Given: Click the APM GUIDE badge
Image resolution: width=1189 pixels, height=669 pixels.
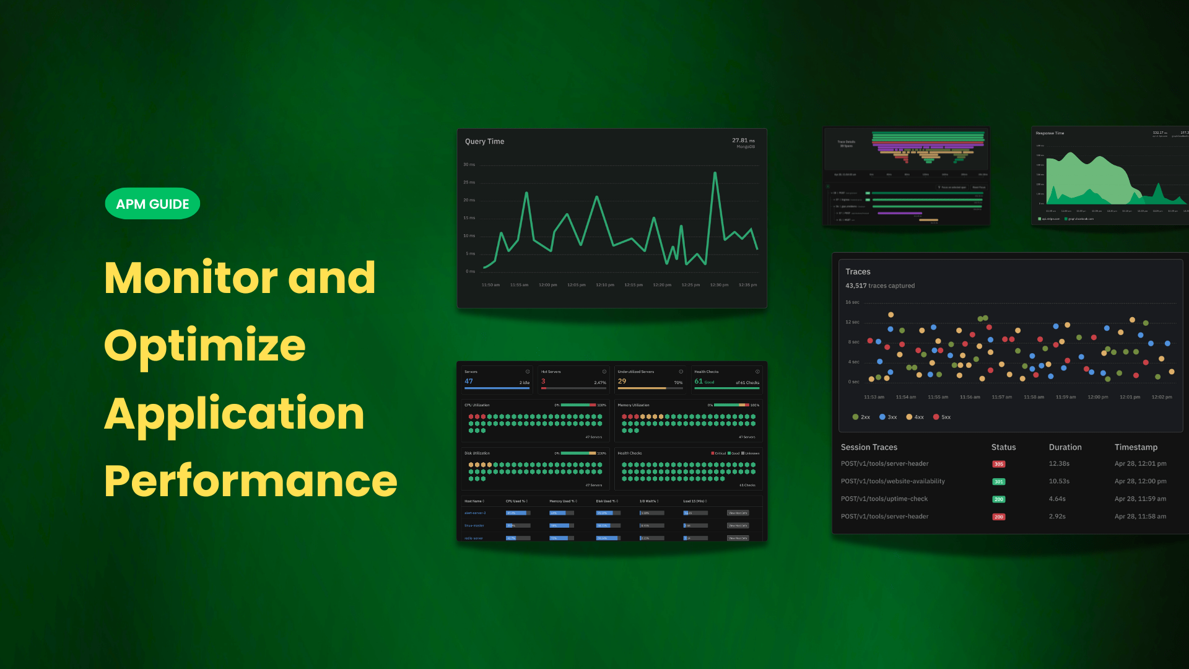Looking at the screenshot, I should click(152, 204).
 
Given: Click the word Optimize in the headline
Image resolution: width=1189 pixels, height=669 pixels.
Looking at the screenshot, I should click(204, 346).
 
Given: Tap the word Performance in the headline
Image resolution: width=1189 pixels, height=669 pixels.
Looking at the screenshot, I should click(250, 481).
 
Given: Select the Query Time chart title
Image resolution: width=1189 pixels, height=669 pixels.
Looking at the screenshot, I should click(484, 141).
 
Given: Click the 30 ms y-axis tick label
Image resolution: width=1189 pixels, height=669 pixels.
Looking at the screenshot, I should click(469, 165).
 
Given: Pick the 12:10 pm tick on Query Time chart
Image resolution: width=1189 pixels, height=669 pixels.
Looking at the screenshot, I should click(604, 285).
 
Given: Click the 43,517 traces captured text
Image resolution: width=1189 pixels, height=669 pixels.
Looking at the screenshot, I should click(879, 286).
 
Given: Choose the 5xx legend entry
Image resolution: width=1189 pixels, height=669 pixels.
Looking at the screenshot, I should click(942, 417).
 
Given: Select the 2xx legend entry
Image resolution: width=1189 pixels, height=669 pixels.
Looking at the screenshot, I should click(861, 417).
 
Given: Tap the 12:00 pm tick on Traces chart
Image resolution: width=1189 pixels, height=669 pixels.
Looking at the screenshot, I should click(1097, 397).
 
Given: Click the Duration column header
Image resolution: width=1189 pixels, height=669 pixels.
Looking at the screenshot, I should click(1065, 447).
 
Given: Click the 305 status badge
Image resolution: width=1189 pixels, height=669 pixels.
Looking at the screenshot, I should click(998, 464).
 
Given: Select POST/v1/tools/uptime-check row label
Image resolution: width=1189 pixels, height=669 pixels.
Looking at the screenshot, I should click(884, 499).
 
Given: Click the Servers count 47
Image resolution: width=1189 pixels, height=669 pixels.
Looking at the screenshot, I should click(469, 382).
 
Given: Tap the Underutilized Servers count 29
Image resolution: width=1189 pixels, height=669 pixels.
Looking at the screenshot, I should click(622, 382).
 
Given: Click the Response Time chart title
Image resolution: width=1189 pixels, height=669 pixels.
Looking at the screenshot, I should click(1050, 133).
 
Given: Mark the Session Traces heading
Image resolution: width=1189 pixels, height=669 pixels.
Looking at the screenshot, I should click(868, 447).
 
